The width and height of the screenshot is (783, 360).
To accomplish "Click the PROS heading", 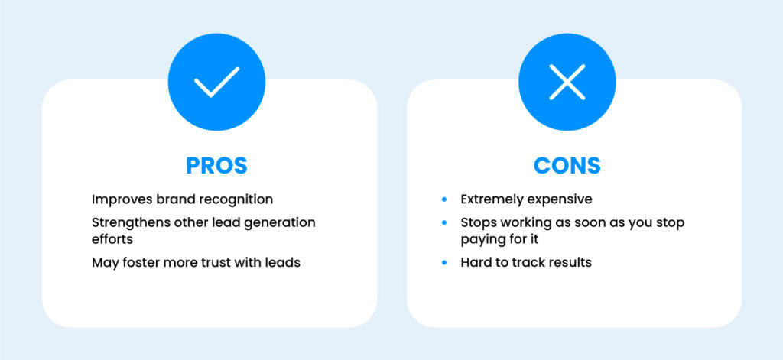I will [216, 166].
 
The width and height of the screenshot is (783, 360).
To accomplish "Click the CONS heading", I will [567, 166].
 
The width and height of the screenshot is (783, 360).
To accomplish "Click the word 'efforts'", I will [112, 238].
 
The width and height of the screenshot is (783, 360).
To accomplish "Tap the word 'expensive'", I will [559, 199].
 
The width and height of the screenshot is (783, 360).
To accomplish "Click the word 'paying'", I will [481, 239].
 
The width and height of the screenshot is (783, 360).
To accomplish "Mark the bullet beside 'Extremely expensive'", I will [443, 199].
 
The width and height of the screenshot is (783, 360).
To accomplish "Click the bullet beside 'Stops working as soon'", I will [443, 222].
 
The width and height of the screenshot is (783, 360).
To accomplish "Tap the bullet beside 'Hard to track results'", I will [443, 263].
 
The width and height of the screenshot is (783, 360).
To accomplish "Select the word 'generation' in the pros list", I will [280, 222].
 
